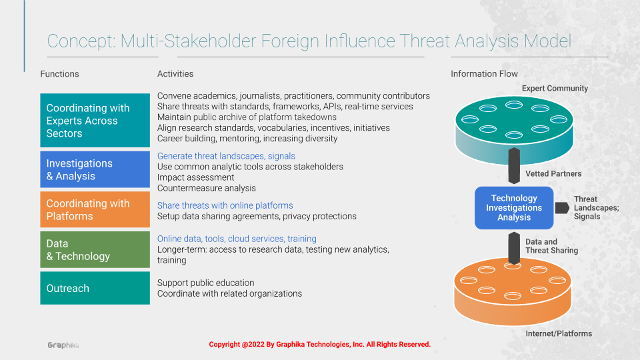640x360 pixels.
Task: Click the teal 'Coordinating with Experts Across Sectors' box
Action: click(x=95, y=121)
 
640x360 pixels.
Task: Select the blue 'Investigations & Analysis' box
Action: click(x=95, y=169)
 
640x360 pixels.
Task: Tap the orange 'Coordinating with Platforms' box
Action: click(x=95, y=209)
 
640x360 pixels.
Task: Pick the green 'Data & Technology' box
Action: click(x=95, y=249)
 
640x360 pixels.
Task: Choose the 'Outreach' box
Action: click(x=95, y=288)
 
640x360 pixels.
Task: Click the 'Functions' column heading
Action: click(x=59, y=74)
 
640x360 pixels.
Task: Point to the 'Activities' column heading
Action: click(x=175, y=74)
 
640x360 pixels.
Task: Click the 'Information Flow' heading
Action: click(x=484, y=74)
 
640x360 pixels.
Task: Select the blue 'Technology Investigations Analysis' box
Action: click(x=514, y=208)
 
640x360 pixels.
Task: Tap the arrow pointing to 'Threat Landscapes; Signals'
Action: click(x=562, y=208)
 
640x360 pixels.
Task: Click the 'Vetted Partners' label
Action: click(x=553, y=173)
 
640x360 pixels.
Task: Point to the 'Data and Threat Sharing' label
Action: click(x=551, y=246)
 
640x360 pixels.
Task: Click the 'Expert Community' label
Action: click(x=555, y=88)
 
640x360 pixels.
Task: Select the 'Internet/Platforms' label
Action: click(x=559, y=333)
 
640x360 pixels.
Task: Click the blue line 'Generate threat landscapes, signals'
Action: click(x=226, y=156)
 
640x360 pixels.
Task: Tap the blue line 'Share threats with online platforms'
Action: click(x=225, y=205)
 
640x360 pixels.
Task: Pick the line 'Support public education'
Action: click(x=206, y=283)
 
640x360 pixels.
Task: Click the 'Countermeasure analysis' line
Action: click(x=207, y=188)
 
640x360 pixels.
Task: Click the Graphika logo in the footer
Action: click(x=63, y=345)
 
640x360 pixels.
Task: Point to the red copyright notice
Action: click(x=319, y=345)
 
